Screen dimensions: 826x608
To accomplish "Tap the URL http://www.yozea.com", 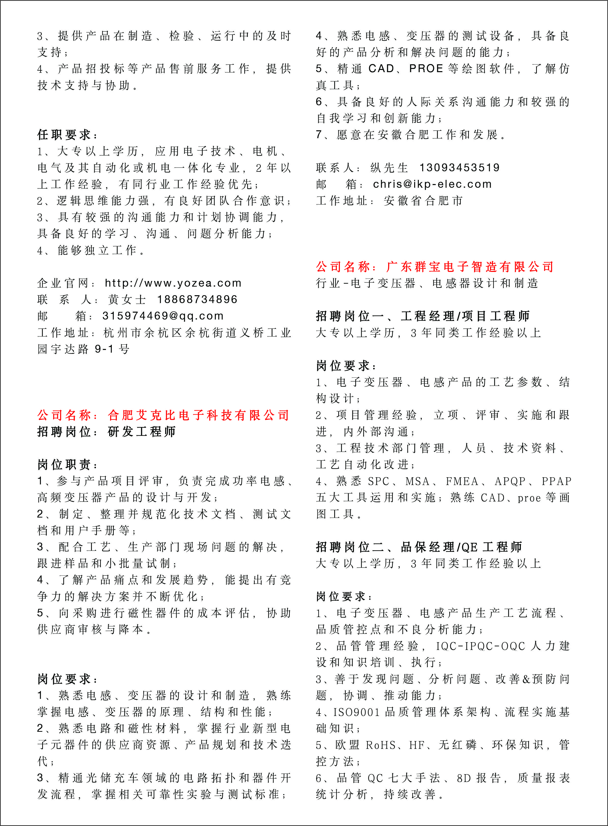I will [173, 283].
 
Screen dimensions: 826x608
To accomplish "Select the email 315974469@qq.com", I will [163, 316].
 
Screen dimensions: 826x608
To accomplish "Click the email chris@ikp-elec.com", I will [432, 184].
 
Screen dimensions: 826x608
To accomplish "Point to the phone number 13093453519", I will [460, 168].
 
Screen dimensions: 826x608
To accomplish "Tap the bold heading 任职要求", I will [64, 135].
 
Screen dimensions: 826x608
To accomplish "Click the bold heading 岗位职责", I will [64, 465].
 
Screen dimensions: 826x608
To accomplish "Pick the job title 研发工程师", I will [142, 431].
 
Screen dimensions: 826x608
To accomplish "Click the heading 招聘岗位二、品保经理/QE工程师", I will [419, 547].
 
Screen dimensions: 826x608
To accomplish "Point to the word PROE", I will [426, 69].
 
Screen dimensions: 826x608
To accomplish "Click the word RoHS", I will [381, 746].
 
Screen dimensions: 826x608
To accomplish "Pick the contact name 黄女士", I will [127, 300].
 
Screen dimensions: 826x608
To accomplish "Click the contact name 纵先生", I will [389, 168].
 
